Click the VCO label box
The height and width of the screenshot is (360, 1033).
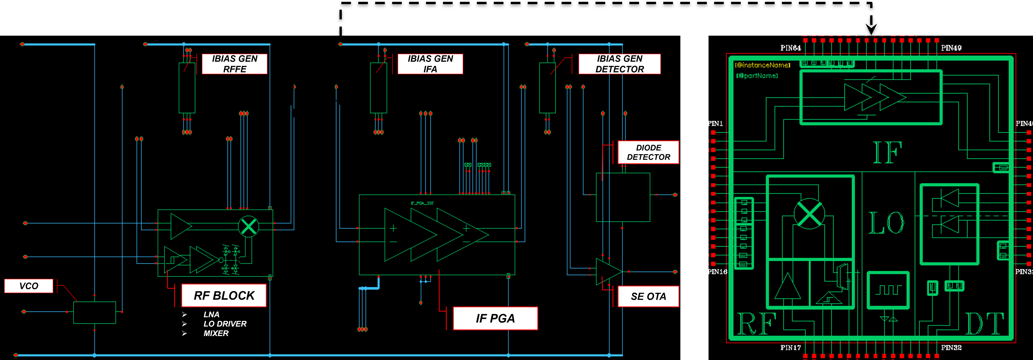(x=28, y=286)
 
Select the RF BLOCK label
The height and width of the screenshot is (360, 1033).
(x=224, y=295)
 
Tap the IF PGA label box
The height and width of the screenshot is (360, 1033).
(x=495, y=318)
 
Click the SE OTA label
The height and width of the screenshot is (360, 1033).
(x=648, y=296)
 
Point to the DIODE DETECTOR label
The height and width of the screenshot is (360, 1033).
(x=648, y=152)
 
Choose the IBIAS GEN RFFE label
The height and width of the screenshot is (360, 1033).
(x=235, y=64)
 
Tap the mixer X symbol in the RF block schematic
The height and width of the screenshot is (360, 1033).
(x=249, y=226)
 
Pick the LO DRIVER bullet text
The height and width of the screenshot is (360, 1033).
(x=225, y=324)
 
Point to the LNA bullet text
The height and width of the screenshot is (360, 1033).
(x=211, y=314)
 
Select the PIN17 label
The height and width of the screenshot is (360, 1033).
(x=790, y=348)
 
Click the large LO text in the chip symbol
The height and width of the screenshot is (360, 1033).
(x=886, y=223)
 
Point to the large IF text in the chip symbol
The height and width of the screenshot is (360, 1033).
(x=887, y=153)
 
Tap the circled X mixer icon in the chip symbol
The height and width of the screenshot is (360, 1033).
(x=809, y=214)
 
